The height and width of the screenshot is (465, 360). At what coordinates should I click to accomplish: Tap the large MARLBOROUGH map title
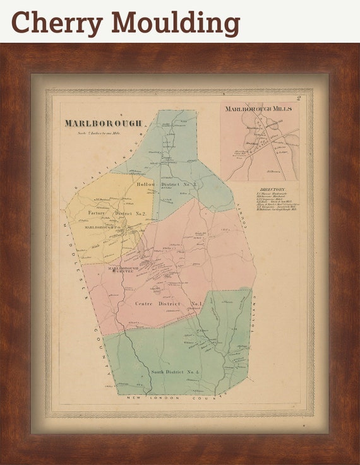(x=102, y=123)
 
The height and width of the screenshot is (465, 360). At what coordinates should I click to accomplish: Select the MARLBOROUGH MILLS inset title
(x=259, y=109)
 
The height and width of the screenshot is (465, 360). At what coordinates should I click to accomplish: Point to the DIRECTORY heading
(x=272, y=190)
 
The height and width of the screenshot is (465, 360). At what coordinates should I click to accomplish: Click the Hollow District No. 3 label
(x=167, y=184)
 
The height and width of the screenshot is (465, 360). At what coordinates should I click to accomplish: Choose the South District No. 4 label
(x=175, y=372)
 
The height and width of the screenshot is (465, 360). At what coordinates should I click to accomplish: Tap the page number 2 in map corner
(x=306, y=98)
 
